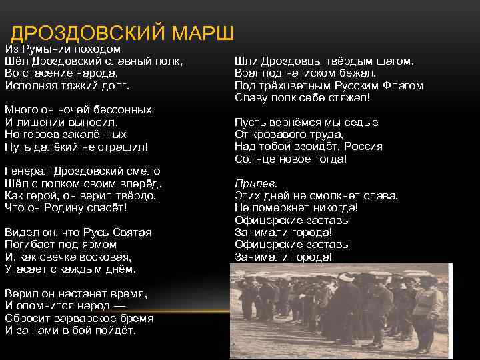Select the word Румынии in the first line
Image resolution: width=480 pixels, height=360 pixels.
pos(42,49)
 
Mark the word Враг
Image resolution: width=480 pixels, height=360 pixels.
pos(247,73)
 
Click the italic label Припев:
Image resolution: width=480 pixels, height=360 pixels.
pos(256,183)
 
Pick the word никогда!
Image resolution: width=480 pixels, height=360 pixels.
pos(334,207)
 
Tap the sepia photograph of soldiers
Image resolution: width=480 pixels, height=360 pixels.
pos(341,308)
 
